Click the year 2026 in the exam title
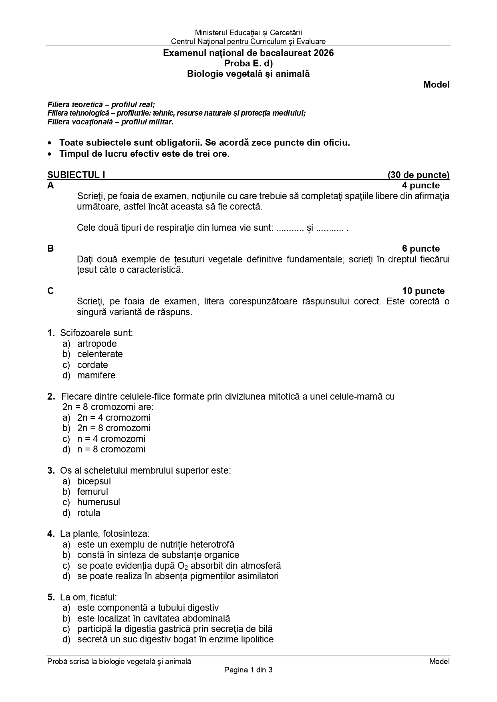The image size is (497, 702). point(324,53)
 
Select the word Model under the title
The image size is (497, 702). point(437,84)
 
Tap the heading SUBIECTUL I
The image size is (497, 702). point(76,175)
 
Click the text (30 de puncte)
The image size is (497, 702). point(419,175)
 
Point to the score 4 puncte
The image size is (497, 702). point(421,186)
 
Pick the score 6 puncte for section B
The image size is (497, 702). point(421,249)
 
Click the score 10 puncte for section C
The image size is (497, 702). point(423,291)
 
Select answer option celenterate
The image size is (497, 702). point(100,354)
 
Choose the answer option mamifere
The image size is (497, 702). point(96,375)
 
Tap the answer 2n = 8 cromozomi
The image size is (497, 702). point(114,428)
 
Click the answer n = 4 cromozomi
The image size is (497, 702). point(111,439)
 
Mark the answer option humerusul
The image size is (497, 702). point(99,502)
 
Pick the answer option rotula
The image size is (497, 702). point(89,513)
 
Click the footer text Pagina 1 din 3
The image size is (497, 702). point(248,670)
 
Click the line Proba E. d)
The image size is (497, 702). point(248,63)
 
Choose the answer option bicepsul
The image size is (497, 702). point(94,481)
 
